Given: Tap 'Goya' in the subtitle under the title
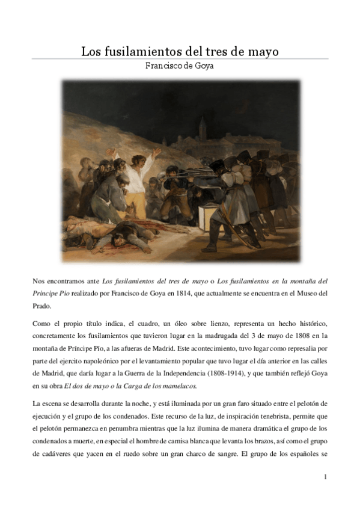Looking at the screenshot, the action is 202,66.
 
